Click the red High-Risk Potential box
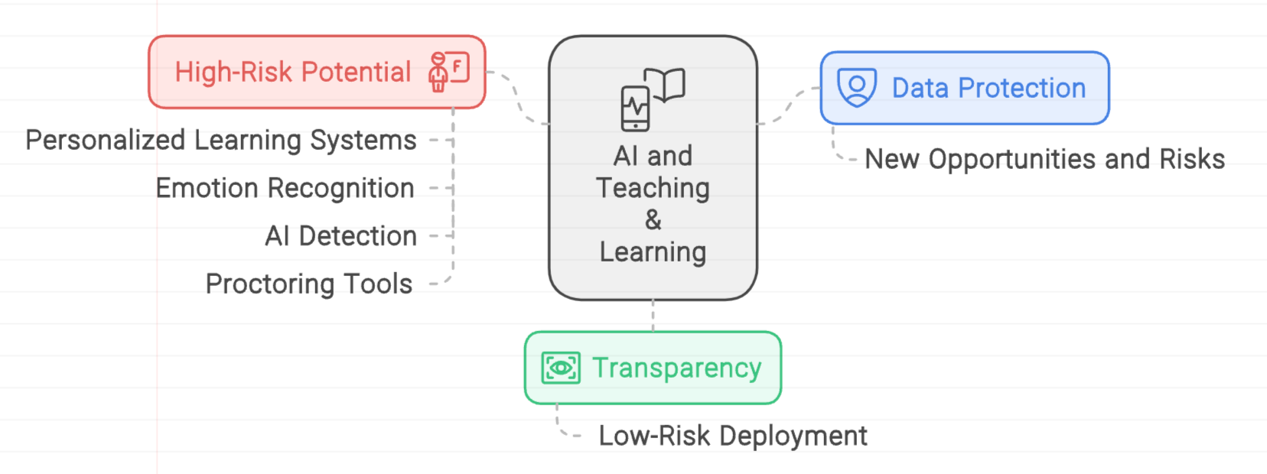(317, 72)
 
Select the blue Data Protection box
(964, 88)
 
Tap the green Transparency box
(653, 368)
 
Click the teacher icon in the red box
(448, 71)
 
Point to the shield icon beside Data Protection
(857, 87)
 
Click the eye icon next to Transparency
(561, 368)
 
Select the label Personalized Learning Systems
(221, 141)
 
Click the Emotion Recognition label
(285, 188)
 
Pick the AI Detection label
(340, 236)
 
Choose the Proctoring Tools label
(309, 284)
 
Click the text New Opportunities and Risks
(1044, 159)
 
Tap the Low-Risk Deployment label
(732, 436)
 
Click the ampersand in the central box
(653, 220)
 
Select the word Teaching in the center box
(653, 188)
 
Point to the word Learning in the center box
(653, 252)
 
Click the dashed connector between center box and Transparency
(653, 315)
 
